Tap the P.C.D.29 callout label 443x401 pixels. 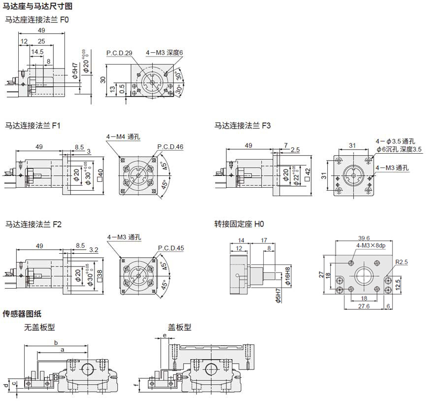point(119,53)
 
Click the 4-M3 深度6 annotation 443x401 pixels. point(164,52)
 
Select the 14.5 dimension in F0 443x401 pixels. point(37,51)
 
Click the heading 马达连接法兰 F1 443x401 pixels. point(32,126)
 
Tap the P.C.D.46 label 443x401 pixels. point(170,147)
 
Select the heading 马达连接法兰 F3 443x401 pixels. point(243,126)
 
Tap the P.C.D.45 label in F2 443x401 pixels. point(171,248)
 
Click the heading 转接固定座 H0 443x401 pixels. point(239,224)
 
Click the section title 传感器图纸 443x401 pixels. point(22,313)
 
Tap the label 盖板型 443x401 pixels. point(180,327)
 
